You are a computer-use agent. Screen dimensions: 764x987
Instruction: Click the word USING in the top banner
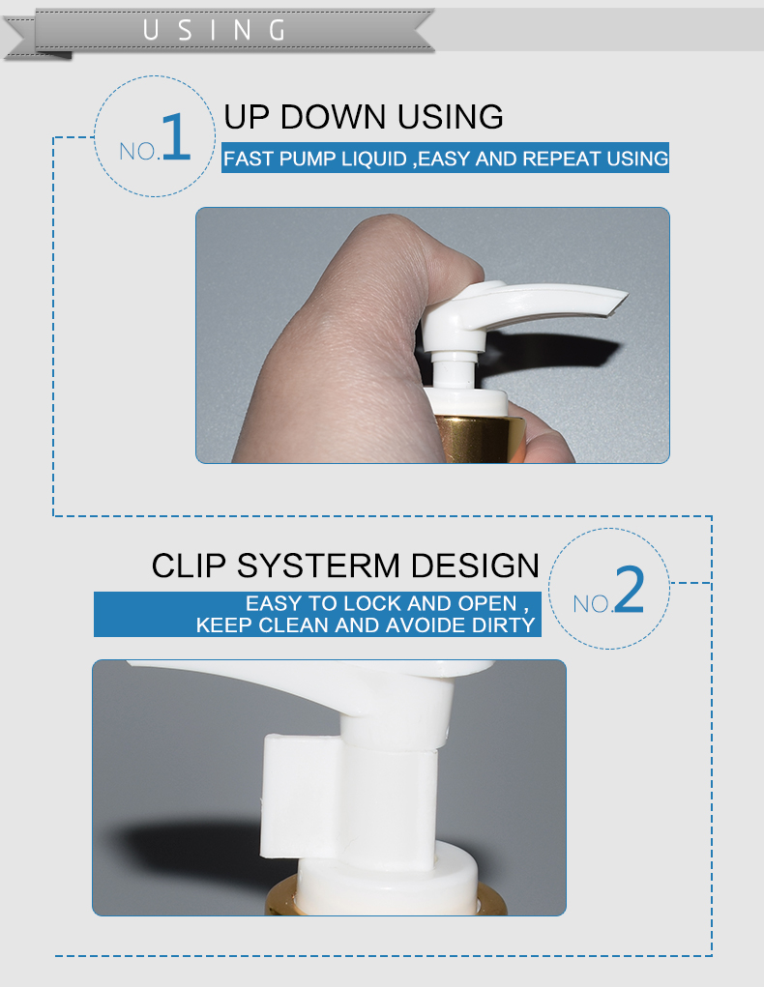click(214, 30)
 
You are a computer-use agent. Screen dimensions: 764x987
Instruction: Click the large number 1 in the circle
click(176, 136)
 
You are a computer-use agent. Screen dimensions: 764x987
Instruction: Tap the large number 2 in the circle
click(629, 589)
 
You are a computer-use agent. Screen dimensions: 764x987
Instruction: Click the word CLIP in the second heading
click(189, 566)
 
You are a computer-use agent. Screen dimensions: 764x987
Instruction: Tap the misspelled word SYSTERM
click(318, 566)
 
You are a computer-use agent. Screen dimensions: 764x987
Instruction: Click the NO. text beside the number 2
click(592, 604)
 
